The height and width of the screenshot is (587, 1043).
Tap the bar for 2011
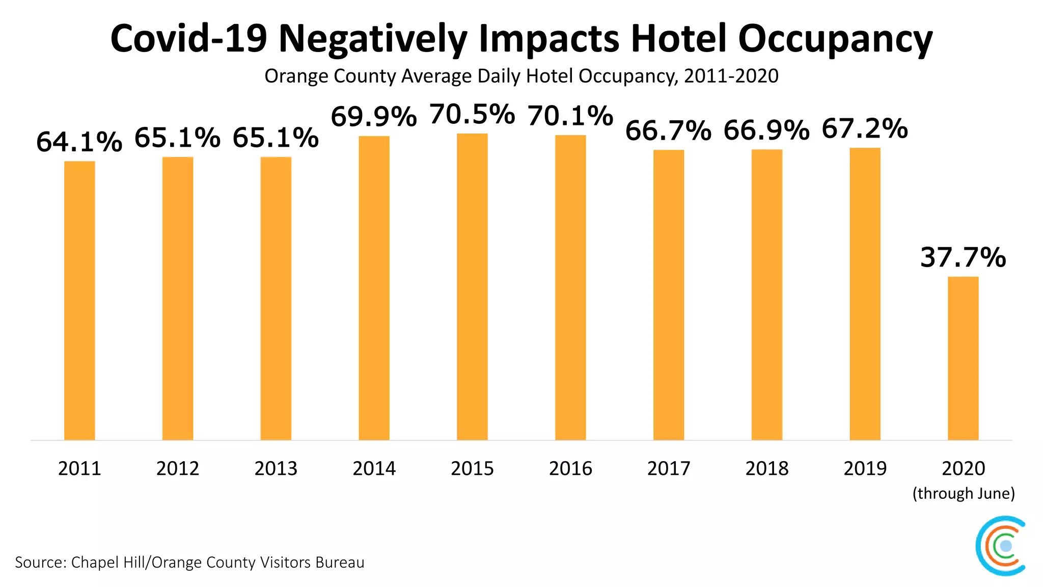tap(79, 301)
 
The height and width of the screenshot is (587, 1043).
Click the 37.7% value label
tap(963, 257)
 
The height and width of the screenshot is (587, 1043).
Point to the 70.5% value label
tap(472, 114)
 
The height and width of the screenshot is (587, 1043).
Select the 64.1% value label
tap(79, 142)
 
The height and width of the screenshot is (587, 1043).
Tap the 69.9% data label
tap(374, 117)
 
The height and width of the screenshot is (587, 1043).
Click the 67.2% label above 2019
tap(865, 128)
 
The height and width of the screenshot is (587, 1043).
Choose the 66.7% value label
tap(668, 130)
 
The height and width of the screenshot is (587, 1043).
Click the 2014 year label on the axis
tap(374, 468)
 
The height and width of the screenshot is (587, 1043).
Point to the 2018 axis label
tap(766, 468)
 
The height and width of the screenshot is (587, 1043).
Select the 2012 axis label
tap(178, 468)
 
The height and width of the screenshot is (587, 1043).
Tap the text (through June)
tap(964, 493)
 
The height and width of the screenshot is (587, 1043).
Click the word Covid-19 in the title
tap(188, 39)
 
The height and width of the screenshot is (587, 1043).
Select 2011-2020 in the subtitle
tap(731, 76)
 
